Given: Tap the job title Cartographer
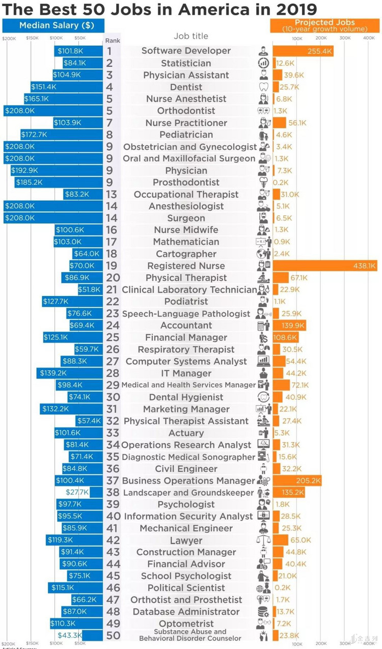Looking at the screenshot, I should coord(186,254).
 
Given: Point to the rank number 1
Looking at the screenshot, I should coord(110,51).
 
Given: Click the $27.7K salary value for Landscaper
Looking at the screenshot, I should coord(77,492).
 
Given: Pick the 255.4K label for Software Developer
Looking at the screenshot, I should coord(319,51).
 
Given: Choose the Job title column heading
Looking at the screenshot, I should coord(190,36).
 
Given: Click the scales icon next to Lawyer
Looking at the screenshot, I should coord(263,540).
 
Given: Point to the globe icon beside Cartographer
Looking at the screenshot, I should coord(263,254).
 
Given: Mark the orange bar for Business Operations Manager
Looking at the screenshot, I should coord(297,480).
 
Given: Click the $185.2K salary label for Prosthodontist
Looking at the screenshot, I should coord(29,182).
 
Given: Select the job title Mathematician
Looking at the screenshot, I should coord(186,241).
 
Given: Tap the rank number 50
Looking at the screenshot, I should coord(113,635).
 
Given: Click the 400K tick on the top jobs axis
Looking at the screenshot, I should coord(368,38).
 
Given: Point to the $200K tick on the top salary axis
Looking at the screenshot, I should coord(9,38).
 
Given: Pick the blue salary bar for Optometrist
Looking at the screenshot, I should coord(76,623).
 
